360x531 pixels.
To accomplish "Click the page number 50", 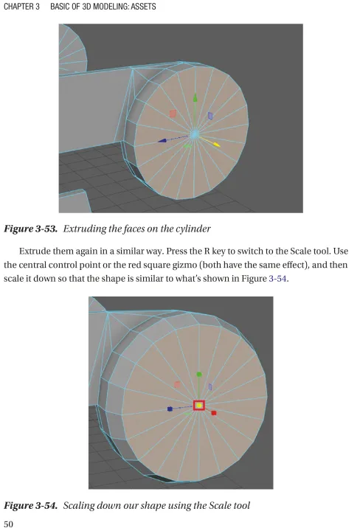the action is pos(8,524).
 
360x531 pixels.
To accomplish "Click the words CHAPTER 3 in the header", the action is pos(21,7).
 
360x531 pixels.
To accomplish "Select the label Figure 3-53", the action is pos(30,229).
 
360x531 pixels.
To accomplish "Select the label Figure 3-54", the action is pos(30,506).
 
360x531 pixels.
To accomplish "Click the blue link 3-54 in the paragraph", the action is pos(278,279).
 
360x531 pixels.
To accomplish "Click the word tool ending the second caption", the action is pos(243,506).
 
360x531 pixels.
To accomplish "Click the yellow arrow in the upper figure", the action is pos(210,141).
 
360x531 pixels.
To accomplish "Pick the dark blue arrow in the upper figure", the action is pos(173,139).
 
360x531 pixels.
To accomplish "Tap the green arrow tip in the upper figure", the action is pos(195,98).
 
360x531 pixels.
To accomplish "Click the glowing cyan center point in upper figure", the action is pos(195,134).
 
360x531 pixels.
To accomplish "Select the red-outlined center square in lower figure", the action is pos(199,406).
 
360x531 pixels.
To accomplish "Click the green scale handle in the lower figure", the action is pos(199,375).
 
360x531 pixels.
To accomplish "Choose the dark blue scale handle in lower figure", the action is pos(170,409).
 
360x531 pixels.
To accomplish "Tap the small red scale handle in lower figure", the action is pos(214,413).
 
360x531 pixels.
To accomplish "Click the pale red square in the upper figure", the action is pos(173,114).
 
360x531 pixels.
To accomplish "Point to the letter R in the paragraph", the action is pos(207,251).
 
